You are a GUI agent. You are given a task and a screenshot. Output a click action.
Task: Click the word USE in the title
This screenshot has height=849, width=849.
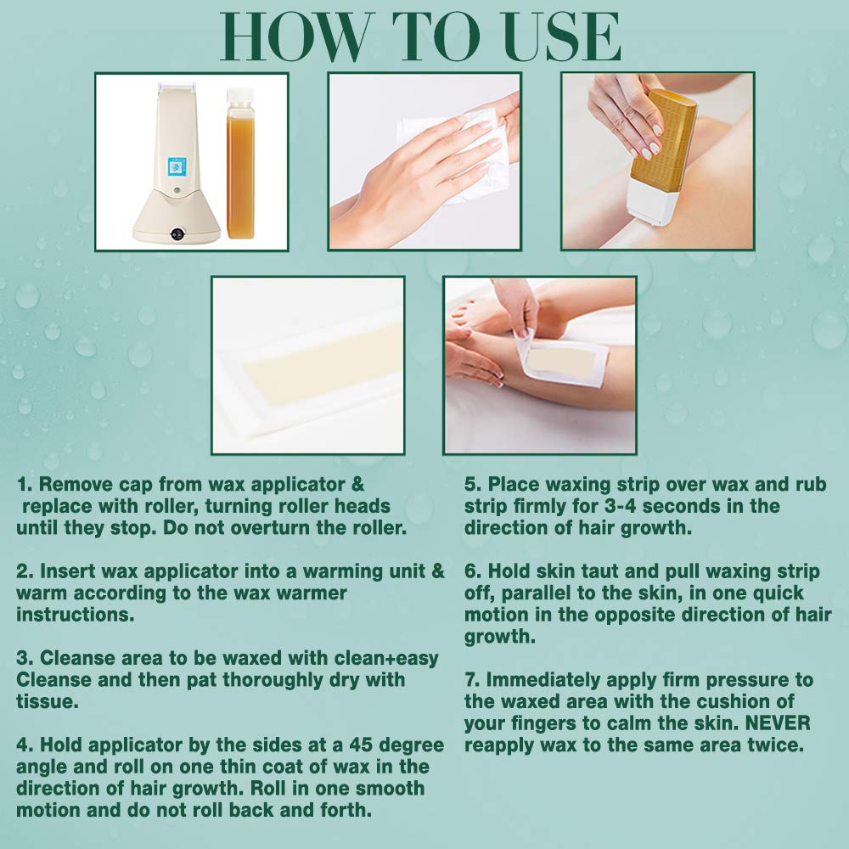point(562,37)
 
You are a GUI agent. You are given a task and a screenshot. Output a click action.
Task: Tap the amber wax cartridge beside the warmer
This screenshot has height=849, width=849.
point(240,163)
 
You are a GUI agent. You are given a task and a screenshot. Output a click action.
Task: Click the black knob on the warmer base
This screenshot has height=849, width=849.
point(177,234)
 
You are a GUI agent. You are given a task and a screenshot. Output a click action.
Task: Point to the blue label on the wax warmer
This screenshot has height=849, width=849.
point(177,166)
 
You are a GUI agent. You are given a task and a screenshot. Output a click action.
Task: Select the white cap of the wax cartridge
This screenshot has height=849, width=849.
point(240,95)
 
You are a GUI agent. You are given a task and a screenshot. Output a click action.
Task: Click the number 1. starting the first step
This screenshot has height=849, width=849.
point(25,484)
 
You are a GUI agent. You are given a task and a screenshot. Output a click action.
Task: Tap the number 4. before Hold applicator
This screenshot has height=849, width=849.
point(25,745)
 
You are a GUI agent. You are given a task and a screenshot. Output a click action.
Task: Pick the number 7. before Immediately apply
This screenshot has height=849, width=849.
point(472,679)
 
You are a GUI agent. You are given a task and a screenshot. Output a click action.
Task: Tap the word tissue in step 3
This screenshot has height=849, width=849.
point(48,701)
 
